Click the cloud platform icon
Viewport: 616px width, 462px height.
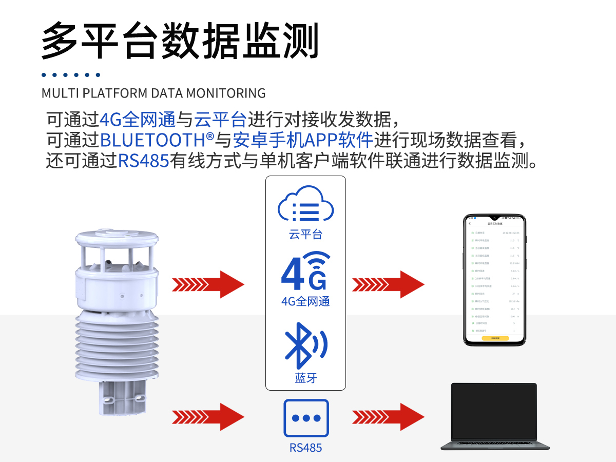(305, 207)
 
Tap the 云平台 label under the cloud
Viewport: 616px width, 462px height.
(305, 235)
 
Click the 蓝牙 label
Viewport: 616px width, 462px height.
(305, 378)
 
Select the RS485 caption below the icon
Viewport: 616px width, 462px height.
(305, 448)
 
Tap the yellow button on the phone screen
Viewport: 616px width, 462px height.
(495, 338)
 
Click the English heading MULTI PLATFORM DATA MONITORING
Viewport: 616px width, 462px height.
(153, 93)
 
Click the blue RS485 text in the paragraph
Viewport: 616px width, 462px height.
(144, 161)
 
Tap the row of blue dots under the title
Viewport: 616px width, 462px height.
(71, 75)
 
